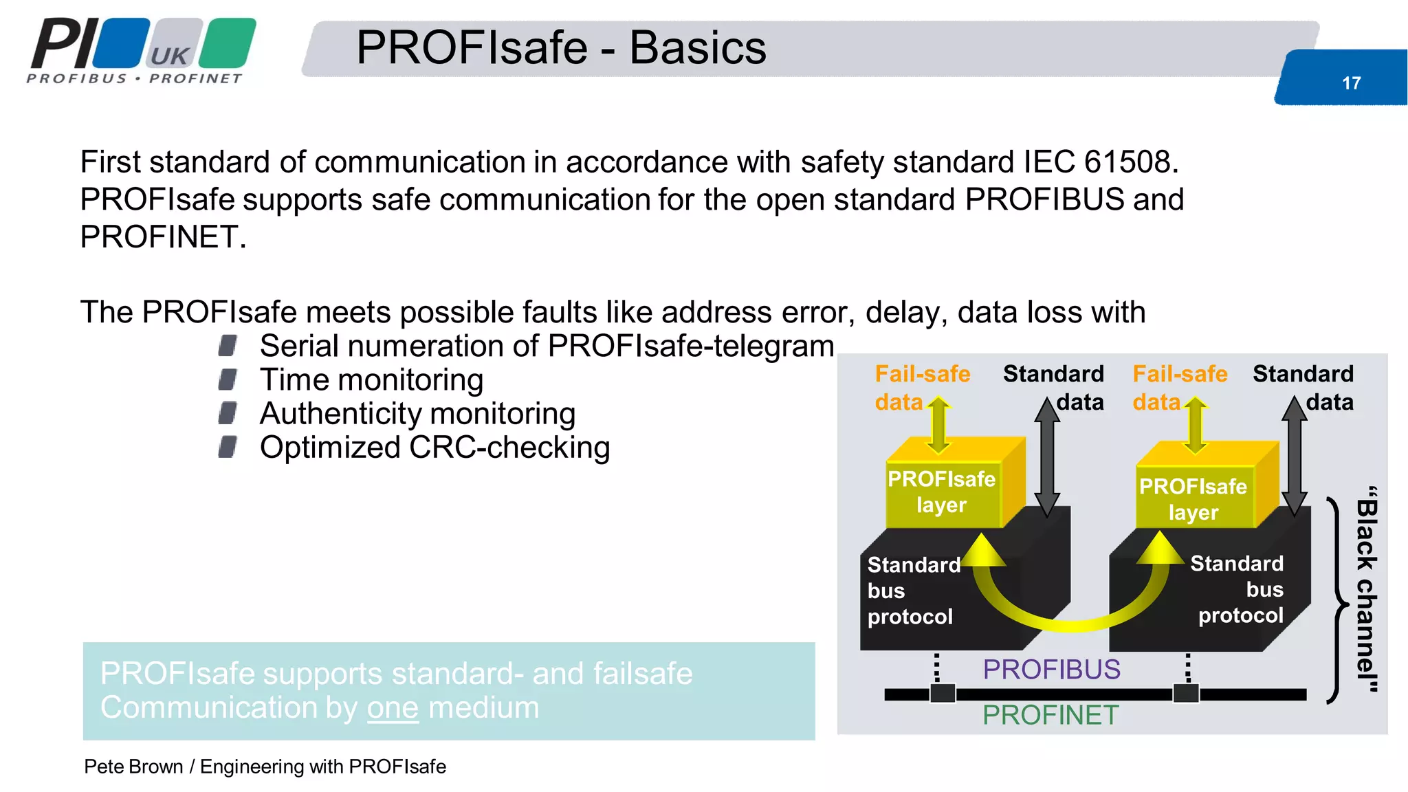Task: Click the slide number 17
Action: (1351, 83)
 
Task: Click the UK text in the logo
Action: (169, 56)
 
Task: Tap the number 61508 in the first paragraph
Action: (1127, 162)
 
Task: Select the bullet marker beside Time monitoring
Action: (228, 379)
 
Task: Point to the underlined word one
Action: (393, 707)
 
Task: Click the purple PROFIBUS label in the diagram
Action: (1051, 669)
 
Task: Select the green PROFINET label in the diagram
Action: (1050, 715)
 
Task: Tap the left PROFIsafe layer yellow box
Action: (941, 492)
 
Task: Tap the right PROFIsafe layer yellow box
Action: (1193, 499)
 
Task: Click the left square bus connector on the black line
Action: (942, 693)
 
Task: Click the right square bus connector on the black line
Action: (1186, 693)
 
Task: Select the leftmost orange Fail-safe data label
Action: (921, 387)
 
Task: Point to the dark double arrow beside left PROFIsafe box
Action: (1047, 457)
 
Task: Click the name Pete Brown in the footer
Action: (133, 767)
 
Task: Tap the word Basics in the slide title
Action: (697, 48)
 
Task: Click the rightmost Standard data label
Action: (1303, 387)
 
